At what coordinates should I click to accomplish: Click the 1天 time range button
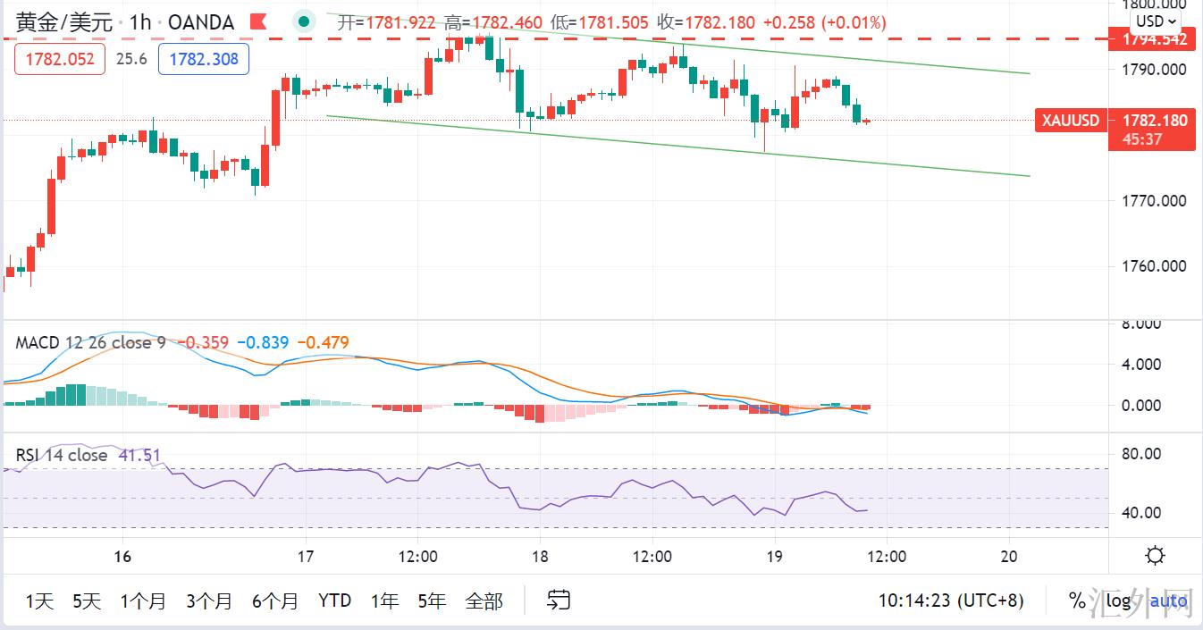tap(39, 601)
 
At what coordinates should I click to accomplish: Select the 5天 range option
tap(87, 601)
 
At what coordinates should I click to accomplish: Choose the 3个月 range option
tap(208, 601)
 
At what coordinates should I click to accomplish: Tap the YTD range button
tap(334, 601)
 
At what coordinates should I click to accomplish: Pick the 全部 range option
tap(484, 601)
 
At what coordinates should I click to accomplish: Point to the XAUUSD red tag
tap(1071, 120)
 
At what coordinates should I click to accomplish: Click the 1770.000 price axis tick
tap(1154, 201)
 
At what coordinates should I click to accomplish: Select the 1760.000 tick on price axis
tap(1154, 266)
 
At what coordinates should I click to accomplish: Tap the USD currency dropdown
tap(1155, 21)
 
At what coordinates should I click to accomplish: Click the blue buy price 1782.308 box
tap(204, 60)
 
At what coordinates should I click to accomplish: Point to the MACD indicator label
tap(37, 342)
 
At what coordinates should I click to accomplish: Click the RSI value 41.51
tap(139, 455)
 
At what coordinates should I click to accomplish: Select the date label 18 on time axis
tap(539, 556)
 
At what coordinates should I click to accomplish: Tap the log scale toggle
tap(1118, 601)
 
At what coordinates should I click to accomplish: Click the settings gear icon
tap(1155, 556)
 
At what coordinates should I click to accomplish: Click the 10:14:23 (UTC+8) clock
tap(950, 601)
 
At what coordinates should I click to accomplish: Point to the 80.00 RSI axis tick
tap(1141, 454)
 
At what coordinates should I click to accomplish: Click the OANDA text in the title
tap(201, 22)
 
